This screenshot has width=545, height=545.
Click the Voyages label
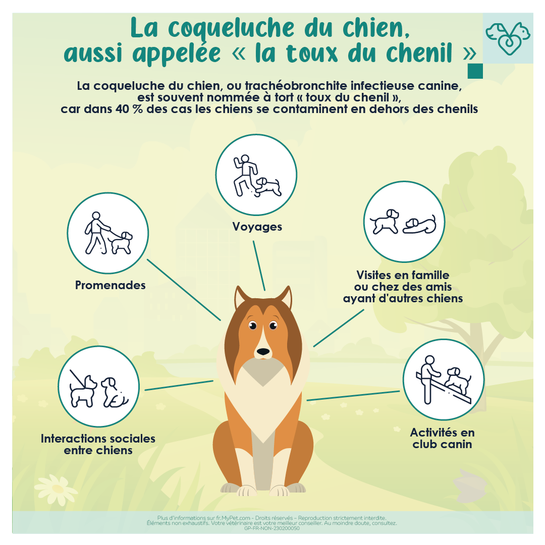click(x=257, y=227)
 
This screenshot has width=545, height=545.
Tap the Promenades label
click(x=110, y=285)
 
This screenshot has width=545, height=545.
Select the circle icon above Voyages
click(x=256, y=175)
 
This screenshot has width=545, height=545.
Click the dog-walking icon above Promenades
click(x=108, y=233)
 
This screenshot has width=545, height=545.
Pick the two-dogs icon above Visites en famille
click(x=404, y=222)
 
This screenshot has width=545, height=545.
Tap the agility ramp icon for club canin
click(x=444, y=379)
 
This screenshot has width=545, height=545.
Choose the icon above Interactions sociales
click(x=99, y=386)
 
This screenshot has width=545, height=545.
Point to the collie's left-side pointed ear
click(x=242, y=298)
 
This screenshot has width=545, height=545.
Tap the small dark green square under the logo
click(x=475, y=71)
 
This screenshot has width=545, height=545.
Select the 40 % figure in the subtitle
click(x=129, y=109)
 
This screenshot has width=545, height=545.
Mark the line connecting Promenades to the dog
click(x=184, y=290)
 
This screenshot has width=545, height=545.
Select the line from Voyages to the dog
click(x=259, y=266)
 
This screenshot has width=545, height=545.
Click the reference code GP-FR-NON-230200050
click(x=272, y=528)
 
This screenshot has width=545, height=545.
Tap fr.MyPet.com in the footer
click(x=233, y=518)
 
